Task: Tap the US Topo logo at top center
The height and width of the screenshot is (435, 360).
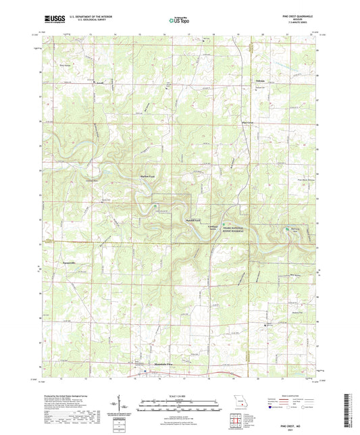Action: (x=175, y=21)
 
